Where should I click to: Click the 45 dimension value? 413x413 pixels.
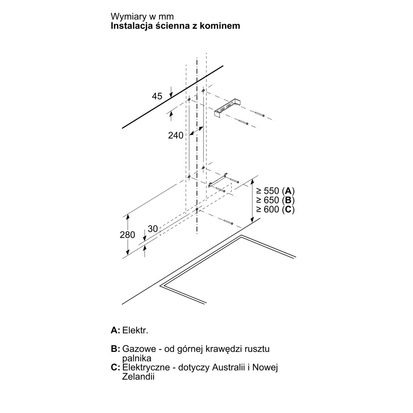point(157,96)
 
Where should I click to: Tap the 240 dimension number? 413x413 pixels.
point(176,135)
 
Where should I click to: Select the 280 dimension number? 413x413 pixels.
point(128,235)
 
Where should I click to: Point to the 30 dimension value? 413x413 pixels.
point(153,229)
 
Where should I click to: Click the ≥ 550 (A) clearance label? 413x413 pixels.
point(275,191)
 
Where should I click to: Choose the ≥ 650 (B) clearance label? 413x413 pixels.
point(275,200)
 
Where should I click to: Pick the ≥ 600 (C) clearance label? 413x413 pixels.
point(275,209)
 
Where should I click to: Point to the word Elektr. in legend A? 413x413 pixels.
point(135,330)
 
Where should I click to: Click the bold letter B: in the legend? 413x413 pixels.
point(116,349)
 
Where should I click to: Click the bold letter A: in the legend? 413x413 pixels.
point(116,330)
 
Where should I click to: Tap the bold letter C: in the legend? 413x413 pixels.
point(116,367)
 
